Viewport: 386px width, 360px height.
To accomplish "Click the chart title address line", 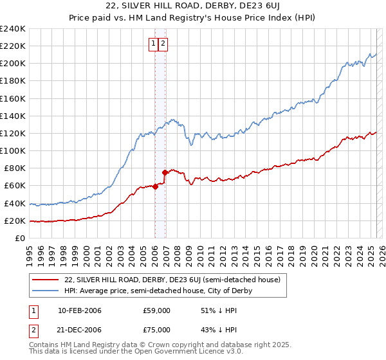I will (x=192, y=6).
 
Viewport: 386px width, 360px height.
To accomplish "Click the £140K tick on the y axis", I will (x=13, y=116).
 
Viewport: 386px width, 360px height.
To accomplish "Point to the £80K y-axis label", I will (x=15, y=168).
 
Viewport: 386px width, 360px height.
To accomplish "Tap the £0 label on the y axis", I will (x=20, y=238).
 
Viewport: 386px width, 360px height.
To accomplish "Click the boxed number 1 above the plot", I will (x=154, y=44).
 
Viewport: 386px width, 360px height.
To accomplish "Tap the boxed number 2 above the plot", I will (x=163, y=44).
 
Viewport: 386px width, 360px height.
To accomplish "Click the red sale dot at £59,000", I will (x=155, y=186).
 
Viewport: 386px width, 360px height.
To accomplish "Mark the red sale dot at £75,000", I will (x=165, y=172).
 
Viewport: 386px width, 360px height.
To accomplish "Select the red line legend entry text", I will (x=173, y=280).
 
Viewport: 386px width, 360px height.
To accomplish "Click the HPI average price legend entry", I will (x=158, y=291).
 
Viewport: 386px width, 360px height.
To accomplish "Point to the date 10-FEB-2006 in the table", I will (x=80, y=310).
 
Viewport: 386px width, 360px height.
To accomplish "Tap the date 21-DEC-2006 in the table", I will (x=80, y=330).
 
